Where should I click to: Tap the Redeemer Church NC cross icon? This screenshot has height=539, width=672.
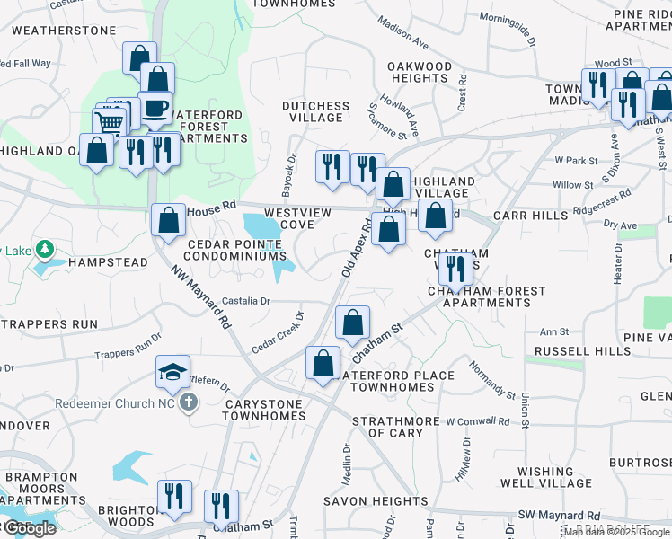(189, 402)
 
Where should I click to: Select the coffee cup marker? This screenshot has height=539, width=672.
(155, 109)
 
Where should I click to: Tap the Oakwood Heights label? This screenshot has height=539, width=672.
(420, 73)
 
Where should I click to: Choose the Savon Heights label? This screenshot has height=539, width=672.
(376, 501)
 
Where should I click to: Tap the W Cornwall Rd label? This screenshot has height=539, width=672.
(477, 420)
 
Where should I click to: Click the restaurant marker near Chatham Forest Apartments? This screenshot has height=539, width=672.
(455, 268)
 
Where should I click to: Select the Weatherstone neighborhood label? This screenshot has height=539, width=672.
(65, 31)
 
